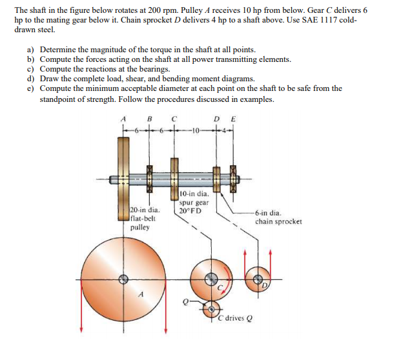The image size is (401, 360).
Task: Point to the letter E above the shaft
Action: [x=233, y=118]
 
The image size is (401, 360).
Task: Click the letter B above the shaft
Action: [x=150, y=118]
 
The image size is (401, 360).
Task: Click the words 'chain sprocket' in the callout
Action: [x=278, y=221]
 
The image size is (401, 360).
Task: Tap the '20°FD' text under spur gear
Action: [x=190, y=211]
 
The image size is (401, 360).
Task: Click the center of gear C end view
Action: [x=211, y=279]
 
